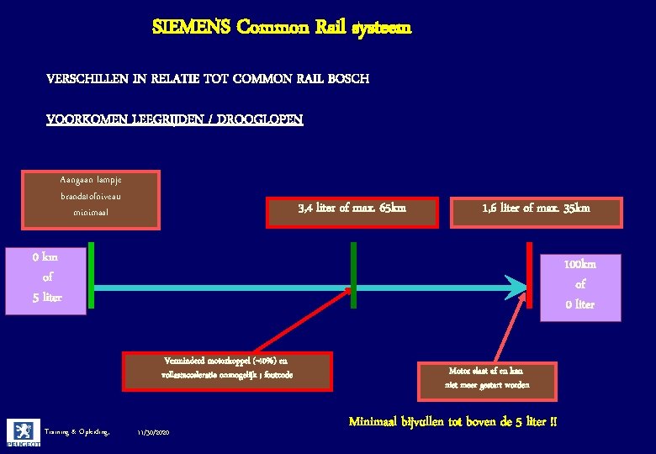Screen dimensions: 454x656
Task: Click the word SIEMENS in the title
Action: tap(191, 27)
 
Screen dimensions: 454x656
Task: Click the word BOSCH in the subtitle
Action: tap(348, 78)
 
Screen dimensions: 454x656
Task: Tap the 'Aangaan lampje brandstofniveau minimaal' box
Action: tap(90, 196)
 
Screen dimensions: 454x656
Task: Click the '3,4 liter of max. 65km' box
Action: tap(352, 211)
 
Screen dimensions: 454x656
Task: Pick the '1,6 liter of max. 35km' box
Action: tap(536, 211)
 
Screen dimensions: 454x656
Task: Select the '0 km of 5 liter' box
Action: tap(46, 278)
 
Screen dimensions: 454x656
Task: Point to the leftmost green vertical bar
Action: tap(90, 277)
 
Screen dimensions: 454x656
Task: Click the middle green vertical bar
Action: tap(353, 275)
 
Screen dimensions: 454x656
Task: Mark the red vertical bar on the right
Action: tap(529, 275)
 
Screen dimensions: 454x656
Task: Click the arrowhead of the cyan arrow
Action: tap(515, 288)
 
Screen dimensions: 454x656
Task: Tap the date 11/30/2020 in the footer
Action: tap(153, 432)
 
